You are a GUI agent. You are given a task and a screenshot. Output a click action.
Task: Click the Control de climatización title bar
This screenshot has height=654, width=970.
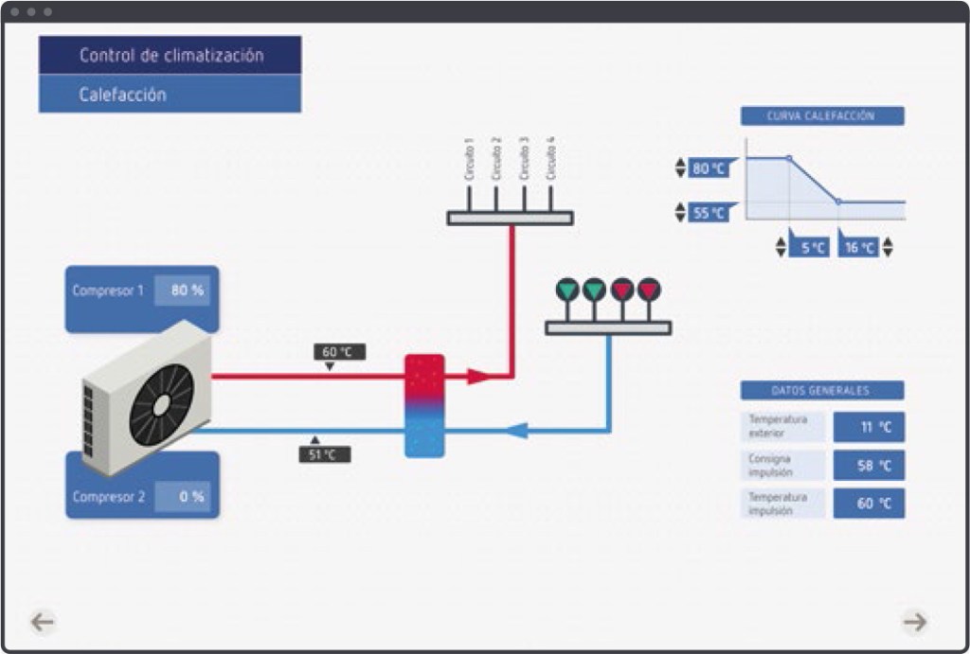[x=171, y=55]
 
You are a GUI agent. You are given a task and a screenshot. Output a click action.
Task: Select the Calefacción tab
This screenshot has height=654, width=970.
[x=171, y=95]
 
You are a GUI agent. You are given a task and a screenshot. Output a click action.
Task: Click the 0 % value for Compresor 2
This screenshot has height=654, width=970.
[x=183, y=496]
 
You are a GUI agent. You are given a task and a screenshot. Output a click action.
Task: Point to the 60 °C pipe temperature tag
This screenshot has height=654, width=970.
[x=338, y=352]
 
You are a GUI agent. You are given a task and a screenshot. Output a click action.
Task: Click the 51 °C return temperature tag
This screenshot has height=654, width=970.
[x=324, y=454]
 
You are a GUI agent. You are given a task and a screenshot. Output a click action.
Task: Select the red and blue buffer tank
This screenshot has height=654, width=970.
[x=424, y=405]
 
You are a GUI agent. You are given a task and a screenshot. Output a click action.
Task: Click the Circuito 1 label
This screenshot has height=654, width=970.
[x=468, y=160]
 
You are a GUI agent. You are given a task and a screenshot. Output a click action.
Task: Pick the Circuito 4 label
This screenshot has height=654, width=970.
[x=550, y=158]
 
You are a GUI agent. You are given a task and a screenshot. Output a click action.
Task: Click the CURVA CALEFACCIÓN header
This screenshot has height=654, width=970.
[x=821, y=116]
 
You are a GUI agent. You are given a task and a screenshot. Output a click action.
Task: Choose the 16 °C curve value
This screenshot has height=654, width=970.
[x=859, y=248]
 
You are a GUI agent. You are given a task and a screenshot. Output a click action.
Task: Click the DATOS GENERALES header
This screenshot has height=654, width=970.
[x=821, y=390]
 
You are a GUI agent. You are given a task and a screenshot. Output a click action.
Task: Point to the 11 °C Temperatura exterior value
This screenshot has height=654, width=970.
[x=869, y=427]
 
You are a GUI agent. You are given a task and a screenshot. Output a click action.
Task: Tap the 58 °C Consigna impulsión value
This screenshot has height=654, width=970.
[x=869, y=466]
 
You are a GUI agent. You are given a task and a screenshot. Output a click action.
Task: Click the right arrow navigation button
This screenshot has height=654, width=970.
[x=914, y=621]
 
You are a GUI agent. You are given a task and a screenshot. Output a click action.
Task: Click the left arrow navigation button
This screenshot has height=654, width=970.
[x=43, y=621]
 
